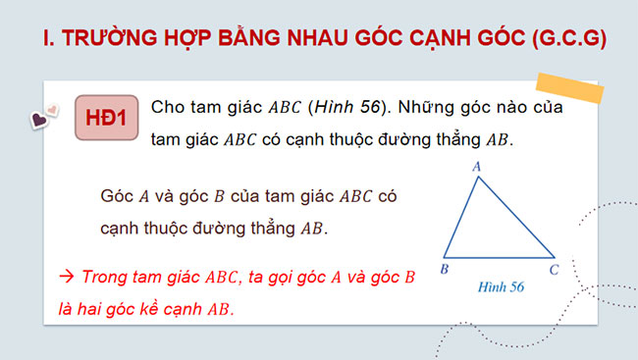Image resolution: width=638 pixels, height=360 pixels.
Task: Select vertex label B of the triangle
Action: tap(445, 268)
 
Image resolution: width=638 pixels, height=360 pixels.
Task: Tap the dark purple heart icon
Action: tap(40, 122)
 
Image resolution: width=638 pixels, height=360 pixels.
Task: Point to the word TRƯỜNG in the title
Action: tap(109, 38)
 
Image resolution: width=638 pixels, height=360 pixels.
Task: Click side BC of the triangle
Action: tap(501, 257)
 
